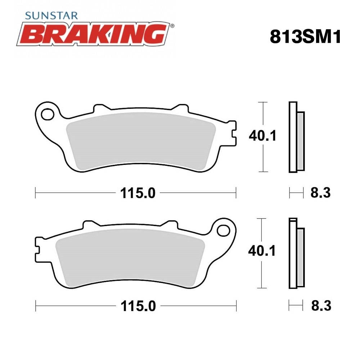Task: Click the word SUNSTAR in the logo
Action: (51, 15)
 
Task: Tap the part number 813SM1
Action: (306, 37)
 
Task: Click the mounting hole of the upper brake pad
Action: (48, 114)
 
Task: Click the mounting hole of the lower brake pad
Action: (224, 230)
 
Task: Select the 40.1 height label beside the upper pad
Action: (263, 136)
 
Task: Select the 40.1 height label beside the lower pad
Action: (262, 251)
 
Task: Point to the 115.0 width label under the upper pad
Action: (138, 193)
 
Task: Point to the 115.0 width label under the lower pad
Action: (138, 306)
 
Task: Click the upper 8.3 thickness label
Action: (321, 193)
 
